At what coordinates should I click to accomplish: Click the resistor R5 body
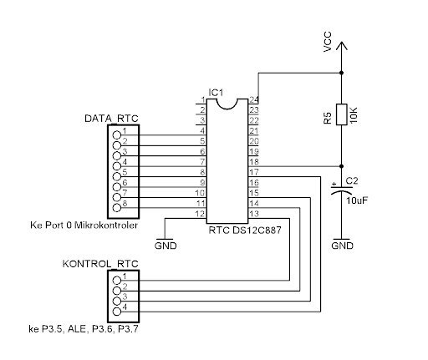342,114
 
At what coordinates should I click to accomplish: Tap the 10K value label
353,114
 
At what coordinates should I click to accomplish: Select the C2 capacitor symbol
342,190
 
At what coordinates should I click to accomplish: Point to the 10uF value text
357,200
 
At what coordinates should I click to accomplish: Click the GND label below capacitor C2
342,246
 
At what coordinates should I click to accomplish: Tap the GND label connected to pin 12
166,246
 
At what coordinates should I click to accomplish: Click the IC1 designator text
216,93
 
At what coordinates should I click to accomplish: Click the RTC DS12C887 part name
245,231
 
